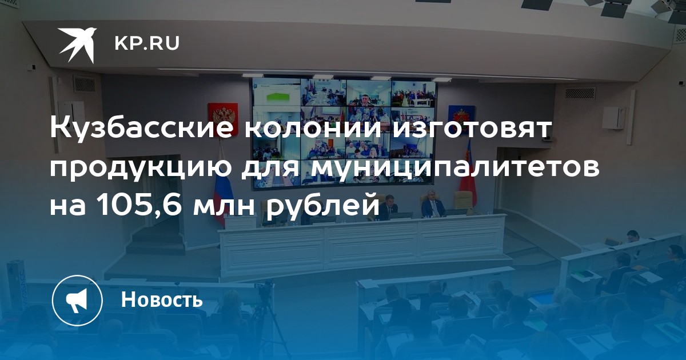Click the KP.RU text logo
point(147,44)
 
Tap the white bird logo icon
point(77,45)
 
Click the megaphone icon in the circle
point(77,301)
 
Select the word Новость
point(162,299)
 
